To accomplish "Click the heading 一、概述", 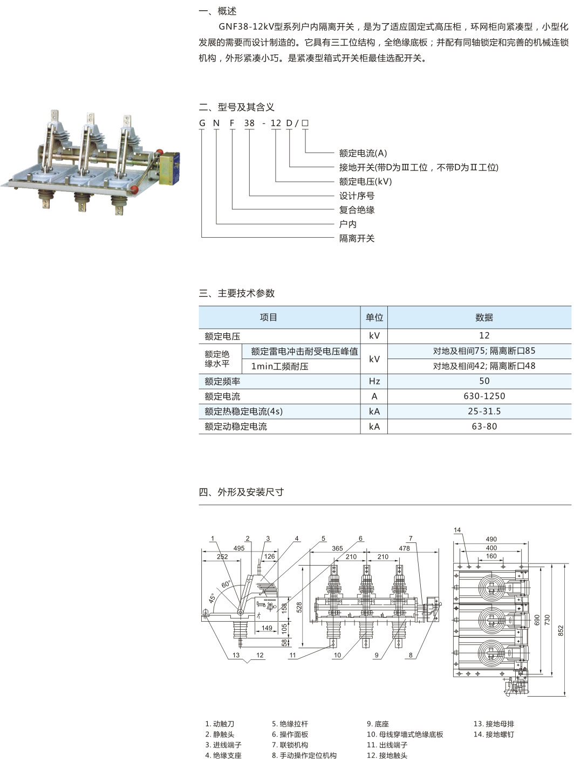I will click(x=217, y=11).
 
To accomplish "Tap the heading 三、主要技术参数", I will click(x=237, y=293).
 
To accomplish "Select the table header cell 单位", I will click(x=374, y=318).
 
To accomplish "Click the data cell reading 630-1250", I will click(x=484, y=396).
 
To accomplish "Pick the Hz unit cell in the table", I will click(x=374, y=381).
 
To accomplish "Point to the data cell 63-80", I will click(x=484, y=426).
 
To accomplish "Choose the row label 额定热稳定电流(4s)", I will click(x=243, y=411).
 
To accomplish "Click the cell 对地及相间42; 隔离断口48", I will click(x=484, y=366).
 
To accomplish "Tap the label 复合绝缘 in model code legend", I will click(x=357, y=210).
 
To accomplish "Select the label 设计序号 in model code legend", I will click(x=357, y=196).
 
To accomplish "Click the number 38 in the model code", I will click(x=249, y=123).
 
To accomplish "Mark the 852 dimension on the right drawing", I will click(x=561, y=630).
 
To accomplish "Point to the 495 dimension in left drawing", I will click(x=239, y=548).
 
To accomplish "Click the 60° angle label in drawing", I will click(x=225, y=584).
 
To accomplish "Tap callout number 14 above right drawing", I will click(x=457, y=531).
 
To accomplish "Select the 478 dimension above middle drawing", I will click(x=404, y=548).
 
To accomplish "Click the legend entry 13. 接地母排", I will click(x=494, y=724).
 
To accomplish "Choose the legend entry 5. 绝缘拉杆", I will click(x=290, y=724).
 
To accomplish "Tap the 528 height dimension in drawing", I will click(x=299, y=607).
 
